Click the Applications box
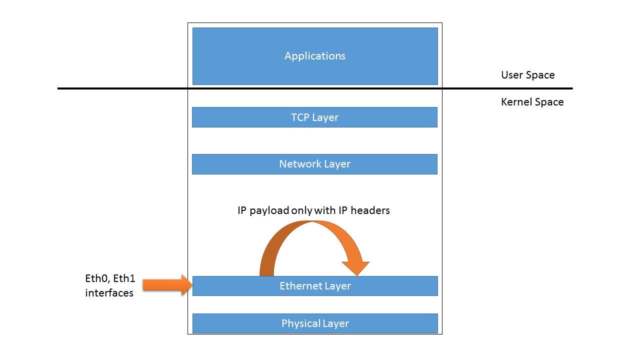pos(315,56)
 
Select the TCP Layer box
pos(315,117)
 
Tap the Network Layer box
pos(315,164)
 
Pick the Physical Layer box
pos(315,323)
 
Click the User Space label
pos(527,75)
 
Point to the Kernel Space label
pos(532,102)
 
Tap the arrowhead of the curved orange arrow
pos(356,267)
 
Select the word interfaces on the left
pos(109,293)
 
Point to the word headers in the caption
pos(370,210)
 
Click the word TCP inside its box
pos(300,117)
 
